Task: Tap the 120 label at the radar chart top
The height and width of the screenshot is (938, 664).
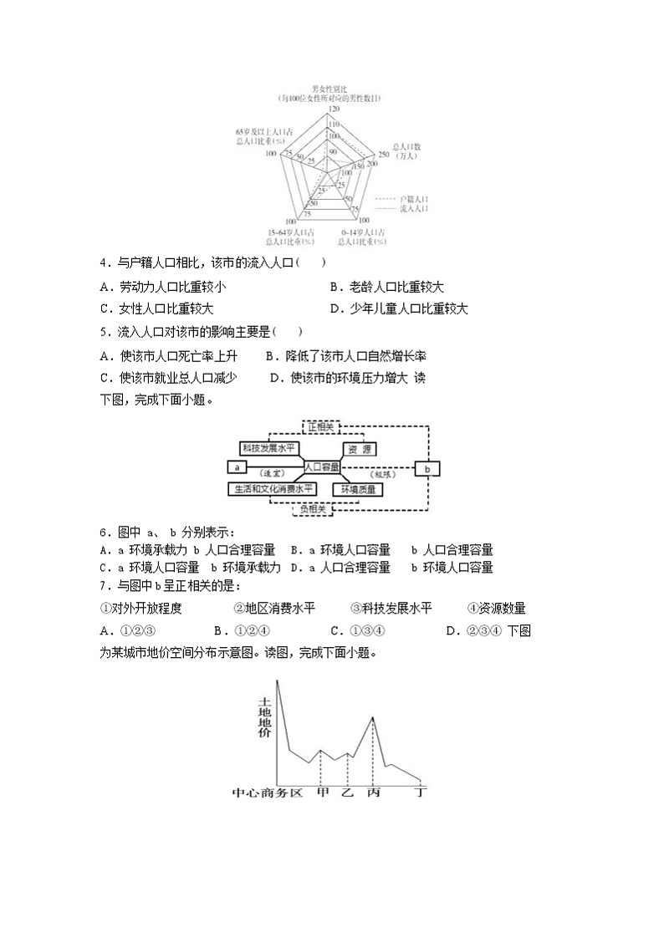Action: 335,110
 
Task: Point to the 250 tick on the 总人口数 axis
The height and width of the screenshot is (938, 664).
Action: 384,155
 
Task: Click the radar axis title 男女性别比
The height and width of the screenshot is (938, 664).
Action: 329,88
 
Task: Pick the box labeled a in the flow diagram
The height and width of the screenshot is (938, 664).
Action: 238,467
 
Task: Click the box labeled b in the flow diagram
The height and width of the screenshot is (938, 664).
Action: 427,469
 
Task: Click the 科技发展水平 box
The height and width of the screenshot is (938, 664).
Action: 268,448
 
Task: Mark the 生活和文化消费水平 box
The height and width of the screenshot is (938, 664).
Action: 273,488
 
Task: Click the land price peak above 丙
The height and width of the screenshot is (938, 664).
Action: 372,717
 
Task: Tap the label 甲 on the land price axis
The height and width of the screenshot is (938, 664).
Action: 323,791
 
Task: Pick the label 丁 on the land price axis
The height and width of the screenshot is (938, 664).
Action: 421,791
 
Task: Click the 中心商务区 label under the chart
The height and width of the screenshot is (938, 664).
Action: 267,791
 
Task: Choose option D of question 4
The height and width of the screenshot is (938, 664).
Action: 335,308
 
